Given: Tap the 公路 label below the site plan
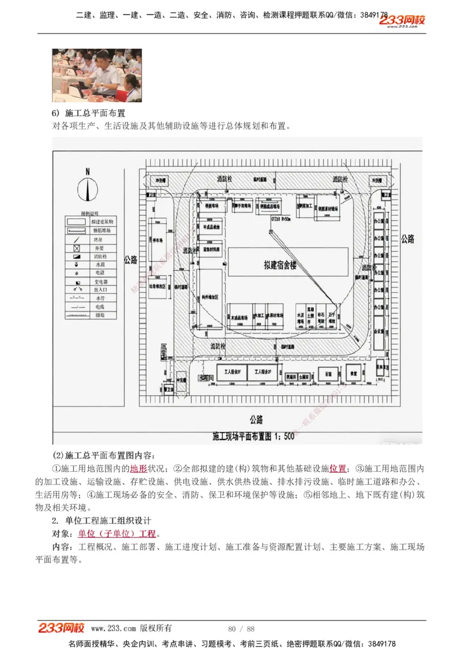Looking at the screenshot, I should (x=256, y=418).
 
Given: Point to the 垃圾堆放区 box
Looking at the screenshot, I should (x=158, y=286).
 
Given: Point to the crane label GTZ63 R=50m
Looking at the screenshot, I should (x=281, y=220).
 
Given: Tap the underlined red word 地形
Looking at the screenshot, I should (x=139, y=468).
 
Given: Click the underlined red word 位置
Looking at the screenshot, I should (x=338, y=468).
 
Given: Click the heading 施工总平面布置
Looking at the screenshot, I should (x=93, y=113).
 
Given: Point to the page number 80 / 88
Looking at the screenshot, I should (x=241, y=629).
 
